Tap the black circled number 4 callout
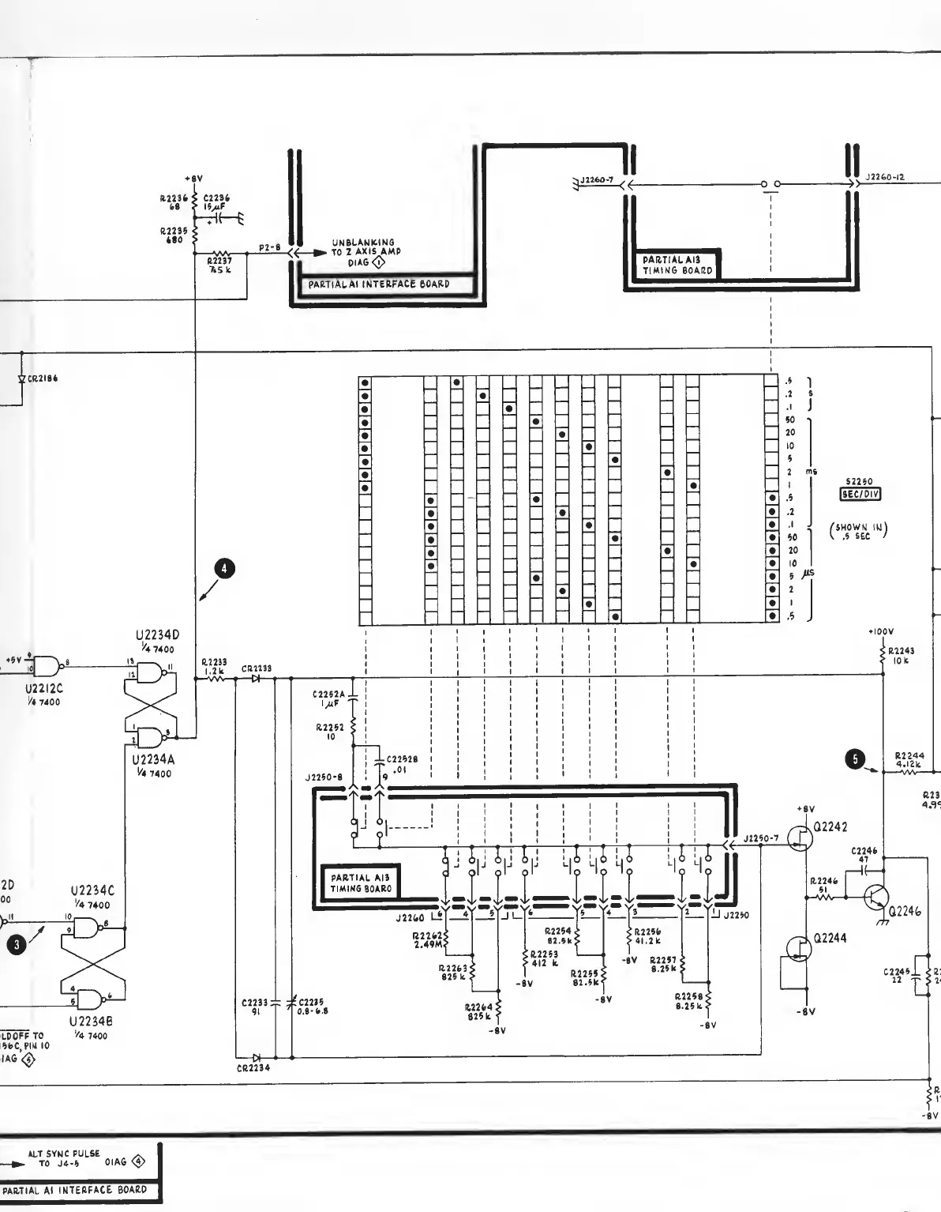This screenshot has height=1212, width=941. (x=225, y=567)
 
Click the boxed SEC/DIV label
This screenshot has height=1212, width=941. (x=860, y=495)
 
